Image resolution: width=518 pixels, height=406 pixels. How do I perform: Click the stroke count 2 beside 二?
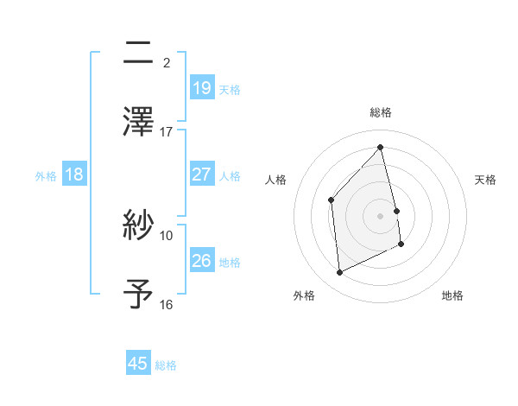167,62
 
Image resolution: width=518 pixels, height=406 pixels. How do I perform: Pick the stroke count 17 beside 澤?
167,132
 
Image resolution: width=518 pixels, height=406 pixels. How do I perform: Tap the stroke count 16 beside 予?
167,304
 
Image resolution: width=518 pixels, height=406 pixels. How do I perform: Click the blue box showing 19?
201,87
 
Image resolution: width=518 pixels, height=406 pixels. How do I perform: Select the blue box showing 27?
201,174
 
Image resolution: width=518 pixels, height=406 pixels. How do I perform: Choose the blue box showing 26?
201,261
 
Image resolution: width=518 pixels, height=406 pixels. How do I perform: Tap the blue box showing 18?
74,174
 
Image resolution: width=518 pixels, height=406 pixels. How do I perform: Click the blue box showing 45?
138,364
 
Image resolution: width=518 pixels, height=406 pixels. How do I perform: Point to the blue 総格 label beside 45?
166,365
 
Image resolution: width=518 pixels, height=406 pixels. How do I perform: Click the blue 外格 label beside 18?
46,176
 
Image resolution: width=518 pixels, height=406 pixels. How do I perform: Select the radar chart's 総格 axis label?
381,112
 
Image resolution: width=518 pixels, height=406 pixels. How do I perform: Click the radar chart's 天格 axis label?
486,180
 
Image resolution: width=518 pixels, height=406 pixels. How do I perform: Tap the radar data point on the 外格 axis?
339,273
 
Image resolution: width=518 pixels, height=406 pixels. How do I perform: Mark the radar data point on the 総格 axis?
381,148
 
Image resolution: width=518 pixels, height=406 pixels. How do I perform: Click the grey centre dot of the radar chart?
381,215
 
